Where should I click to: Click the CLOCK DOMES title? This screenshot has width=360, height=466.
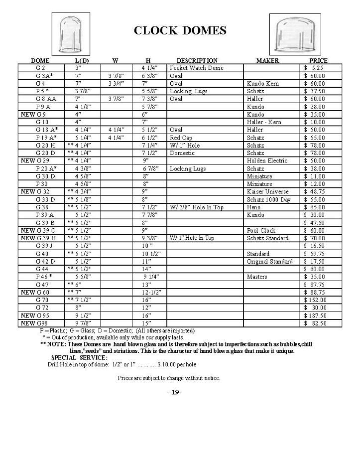[x=180, y=30]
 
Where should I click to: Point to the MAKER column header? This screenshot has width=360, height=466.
[x=267, y=60]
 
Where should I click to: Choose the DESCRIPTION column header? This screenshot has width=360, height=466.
[x=197, y=60]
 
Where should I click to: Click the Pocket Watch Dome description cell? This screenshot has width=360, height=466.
[x=197, y=68]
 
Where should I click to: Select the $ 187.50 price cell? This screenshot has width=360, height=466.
[x=315, y=315]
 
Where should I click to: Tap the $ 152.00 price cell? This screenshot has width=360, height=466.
[x=315, y=300]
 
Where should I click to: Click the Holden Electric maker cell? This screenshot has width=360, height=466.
[x=267, y=160]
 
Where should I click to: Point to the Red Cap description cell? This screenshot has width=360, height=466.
[x=181, y=138]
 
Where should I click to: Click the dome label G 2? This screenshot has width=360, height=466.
[x=40, y=68]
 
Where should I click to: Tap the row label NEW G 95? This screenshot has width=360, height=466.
[x=34, y=315]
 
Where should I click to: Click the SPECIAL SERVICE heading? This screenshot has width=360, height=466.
[x=79, y=357]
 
